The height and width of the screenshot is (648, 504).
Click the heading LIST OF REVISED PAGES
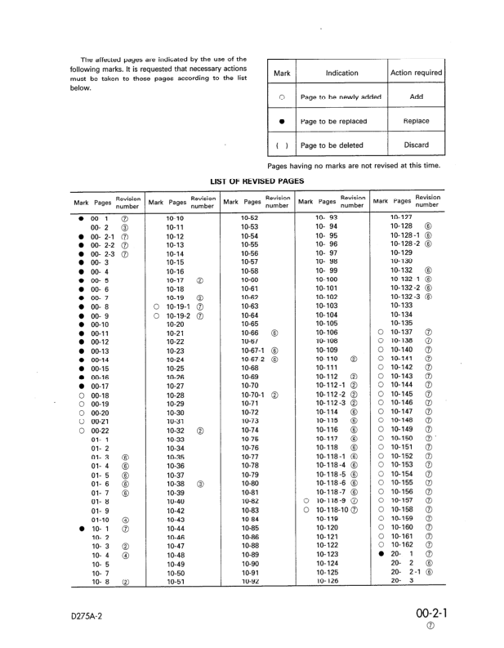pos(257,181)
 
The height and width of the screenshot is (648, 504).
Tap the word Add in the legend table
pos(416,96)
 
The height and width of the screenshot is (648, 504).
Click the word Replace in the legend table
pos(416,121)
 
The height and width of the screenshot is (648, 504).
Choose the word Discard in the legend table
pos(416,145)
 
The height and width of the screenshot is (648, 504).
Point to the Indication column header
pos(341,73)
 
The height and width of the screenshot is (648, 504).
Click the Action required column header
pos(416,73)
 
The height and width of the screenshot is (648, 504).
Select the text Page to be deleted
pos(333,145)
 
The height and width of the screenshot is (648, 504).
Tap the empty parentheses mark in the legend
pos(280,145)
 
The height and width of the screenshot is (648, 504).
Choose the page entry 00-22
pos(100,431)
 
